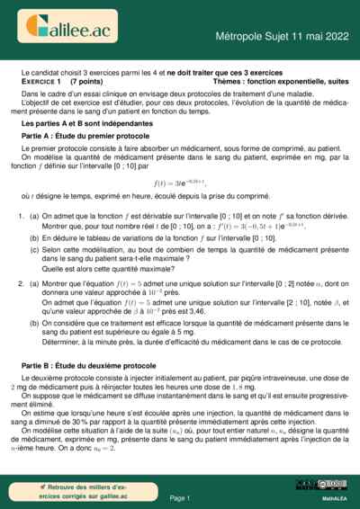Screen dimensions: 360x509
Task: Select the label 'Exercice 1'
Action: (x=44, y=80)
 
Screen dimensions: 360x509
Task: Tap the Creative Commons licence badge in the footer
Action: (x=324, y=486)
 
